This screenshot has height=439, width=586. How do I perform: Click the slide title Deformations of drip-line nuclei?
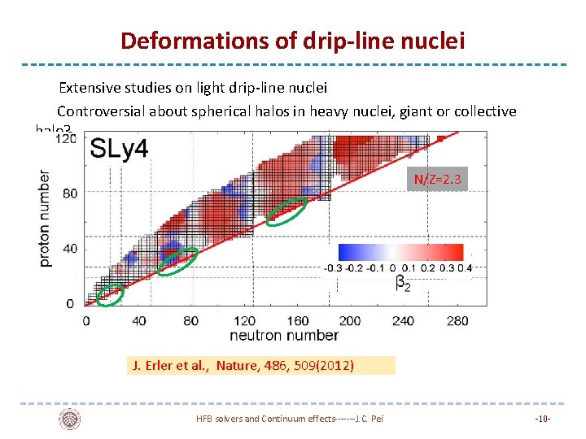[292, 40]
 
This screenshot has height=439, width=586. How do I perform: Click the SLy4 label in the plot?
[119, 149]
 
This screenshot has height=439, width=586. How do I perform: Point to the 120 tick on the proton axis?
[65, 140]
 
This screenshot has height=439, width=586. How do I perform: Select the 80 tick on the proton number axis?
[69, 193]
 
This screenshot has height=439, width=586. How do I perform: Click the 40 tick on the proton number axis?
[69, 249]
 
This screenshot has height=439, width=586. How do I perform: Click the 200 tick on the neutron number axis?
[350, 320]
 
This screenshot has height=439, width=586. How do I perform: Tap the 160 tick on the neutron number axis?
[298, 320]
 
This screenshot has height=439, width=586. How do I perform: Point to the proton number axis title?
[46, 218]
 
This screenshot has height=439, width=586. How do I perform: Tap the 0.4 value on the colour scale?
[465, 268]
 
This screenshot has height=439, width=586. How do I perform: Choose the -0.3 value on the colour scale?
[333, 268]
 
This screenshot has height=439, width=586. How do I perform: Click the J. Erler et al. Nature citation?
[243, 366]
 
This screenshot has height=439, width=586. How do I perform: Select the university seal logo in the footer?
[70, 419]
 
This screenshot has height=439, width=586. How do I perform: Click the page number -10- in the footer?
[543, 419]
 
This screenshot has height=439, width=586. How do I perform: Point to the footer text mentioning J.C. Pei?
[289, 419]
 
